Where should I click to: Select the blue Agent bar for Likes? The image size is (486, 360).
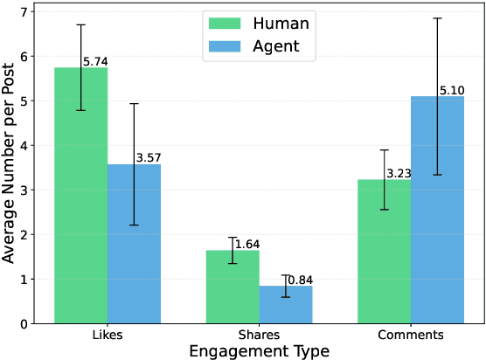click(134, 244)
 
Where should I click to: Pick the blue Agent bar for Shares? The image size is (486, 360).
click(285, 305)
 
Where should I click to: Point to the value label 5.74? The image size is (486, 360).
click(95, 62)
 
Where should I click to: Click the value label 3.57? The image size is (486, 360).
click(149, 158)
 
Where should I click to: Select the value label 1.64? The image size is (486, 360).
click(247, 245)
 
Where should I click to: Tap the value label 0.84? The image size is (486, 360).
click(300, 280)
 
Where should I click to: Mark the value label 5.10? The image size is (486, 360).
click(452, 90)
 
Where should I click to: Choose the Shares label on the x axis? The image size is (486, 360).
click(259, 336)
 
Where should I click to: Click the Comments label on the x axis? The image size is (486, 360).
click(410, 336)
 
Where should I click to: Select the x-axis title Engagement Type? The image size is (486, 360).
click(259, 351)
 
